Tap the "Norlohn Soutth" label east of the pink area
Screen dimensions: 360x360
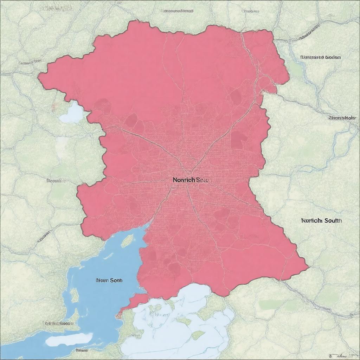point(321,221)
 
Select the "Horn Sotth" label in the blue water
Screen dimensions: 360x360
point(109,281)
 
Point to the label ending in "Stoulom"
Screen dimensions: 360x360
point(320,57)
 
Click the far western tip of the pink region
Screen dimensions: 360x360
point(40,75)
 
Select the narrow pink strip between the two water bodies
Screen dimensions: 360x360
point(134,301)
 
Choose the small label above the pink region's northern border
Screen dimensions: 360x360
point(178,11)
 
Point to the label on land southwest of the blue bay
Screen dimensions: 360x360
point(58,323)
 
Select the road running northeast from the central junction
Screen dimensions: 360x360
point(225,134)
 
